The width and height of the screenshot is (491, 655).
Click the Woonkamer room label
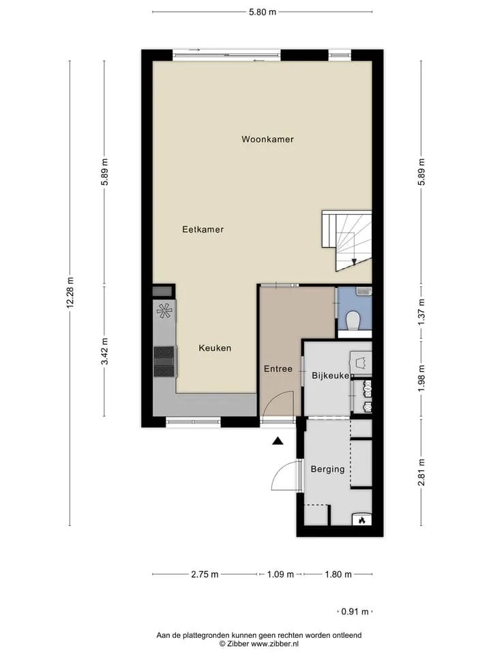[267, 139]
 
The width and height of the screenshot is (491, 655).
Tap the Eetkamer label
[203, 229]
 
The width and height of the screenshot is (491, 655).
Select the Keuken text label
[215, 348]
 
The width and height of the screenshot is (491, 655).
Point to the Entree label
[278, 369]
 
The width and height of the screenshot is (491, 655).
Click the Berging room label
[328, 469]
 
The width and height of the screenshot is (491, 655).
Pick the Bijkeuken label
[331, 375]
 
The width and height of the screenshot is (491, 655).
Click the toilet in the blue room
[353, 321]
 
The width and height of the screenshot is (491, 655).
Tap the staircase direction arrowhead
[354, 262]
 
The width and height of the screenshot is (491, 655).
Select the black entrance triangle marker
[278, 441]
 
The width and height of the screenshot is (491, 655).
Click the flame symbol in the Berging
[362, 520]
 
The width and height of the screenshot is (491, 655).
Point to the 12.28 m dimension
[70, 293]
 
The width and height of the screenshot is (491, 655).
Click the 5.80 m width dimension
[263, 12]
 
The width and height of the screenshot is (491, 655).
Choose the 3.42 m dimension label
[104, 351]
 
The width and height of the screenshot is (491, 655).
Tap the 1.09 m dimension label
[280, 574]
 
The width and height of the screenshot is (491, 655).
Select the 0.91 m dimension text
[355, 611]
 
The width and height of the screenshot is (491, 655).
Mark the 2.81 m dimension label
[421, 472]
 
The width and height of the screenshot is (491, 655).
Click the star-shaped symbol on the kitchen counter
[164, 310]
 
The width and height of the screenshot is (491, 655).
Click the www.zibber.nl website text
[274, 644]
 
